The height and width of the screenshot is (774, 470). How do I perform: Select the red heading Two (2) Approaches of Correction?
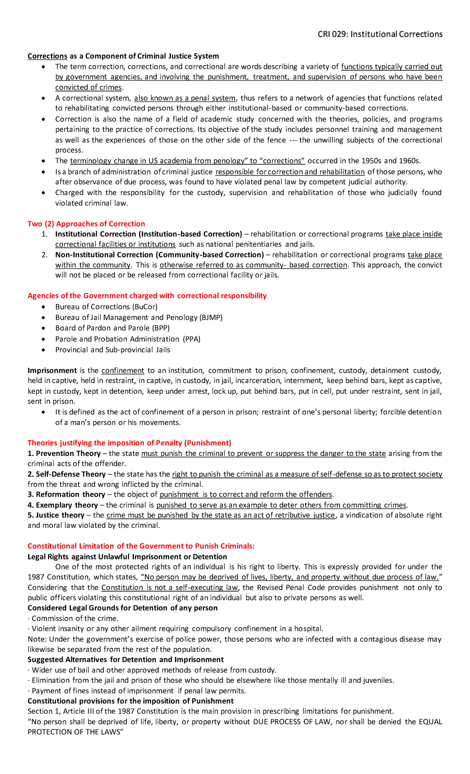pyautogui.click(x=86, y=224)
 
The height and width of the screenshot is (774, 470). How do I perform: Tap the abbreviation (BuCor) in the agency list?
pyautogui.click(x=145, y=307)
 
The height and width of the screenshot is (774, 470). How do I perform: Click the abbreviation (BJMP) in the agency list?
pyautogui.click(x=211, y=317)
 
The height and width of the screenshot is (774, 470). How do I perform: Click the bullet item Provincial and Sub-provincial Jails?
pyautogui.click(x=112, y=350)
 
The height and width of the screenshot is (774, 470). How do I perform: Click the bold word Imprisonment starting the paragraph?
pyautogui.click(x=52, y=371)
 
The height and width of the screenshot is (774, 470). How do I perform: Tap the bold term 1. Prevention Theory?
pyautogui.click(x=64, y=454)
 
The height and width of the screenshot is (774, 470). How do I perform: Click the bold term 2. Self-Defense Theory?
pyautogui.click(x=67, y=474)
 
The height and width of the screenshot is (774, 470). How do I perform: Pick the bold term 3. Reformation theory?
pyautogui.click(x=66, y=494)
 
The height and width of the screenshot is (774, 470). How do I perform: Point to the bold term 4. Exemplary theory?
pyautogui.click(x=63, y=505)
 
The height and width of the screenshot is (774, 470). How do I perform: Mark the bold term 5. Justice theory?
pyautogui.click(x=56, y=515)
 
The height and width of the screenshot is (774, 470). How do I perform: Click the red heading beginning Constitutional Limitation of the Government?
pyautogui.click(x=141, y=546)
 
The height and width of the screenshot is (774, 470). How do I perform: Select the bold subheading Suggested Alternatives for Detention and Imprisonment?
pyautogui.click(x=125, y=660)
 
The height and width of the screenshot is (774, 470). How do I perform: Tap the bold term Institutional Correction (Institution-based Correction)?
pyautogui.click(x=148, y=234)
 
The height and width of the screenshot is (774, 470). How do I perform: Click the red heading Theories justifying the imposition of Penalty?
pyautogui.click(x=129, y=443)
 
